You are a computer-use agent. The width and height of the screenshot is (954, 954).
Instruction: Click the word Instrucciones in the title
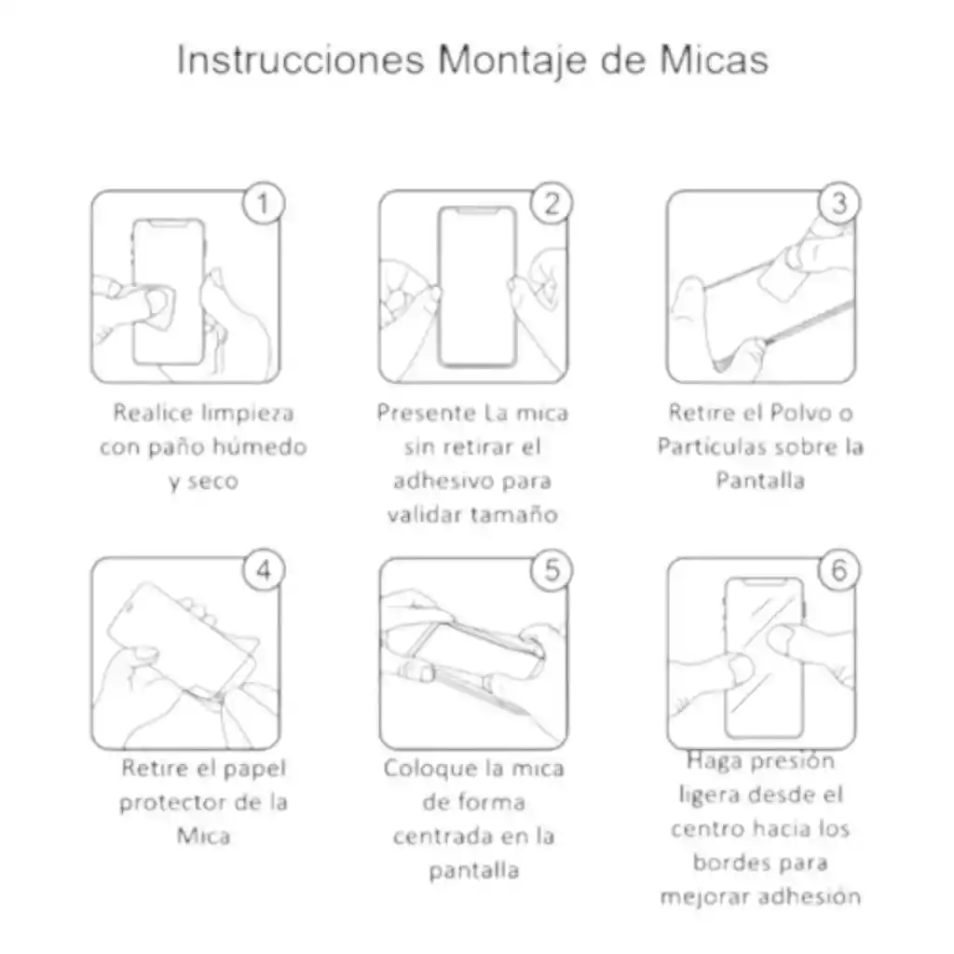[x=301, y=60]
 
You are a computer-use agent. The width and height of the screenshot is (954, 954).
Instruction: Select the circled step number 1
[x=264, y=204]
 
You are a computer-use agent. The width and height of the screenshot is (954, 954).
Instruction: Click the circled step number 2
[x=552, y=204]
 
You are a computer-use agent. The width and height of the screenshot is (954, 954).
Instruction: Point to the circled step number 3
[x=838, y=204]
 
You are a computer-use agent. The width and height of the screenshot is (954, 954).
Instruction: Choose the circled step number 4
[x=264, y=570]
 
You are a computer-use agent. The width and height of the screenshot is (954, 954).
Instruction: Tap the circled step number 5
[x=552, y=570]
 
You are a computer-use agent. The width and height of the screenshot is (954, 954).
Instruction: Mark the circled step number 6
[x=838, y=570]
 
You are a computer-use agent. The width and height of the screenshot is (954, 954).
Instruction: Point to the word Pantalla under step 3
[x=759, y=481]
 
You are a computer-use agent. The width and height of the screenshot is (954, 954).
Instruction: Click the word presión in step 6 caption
[x=792, y=762]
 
